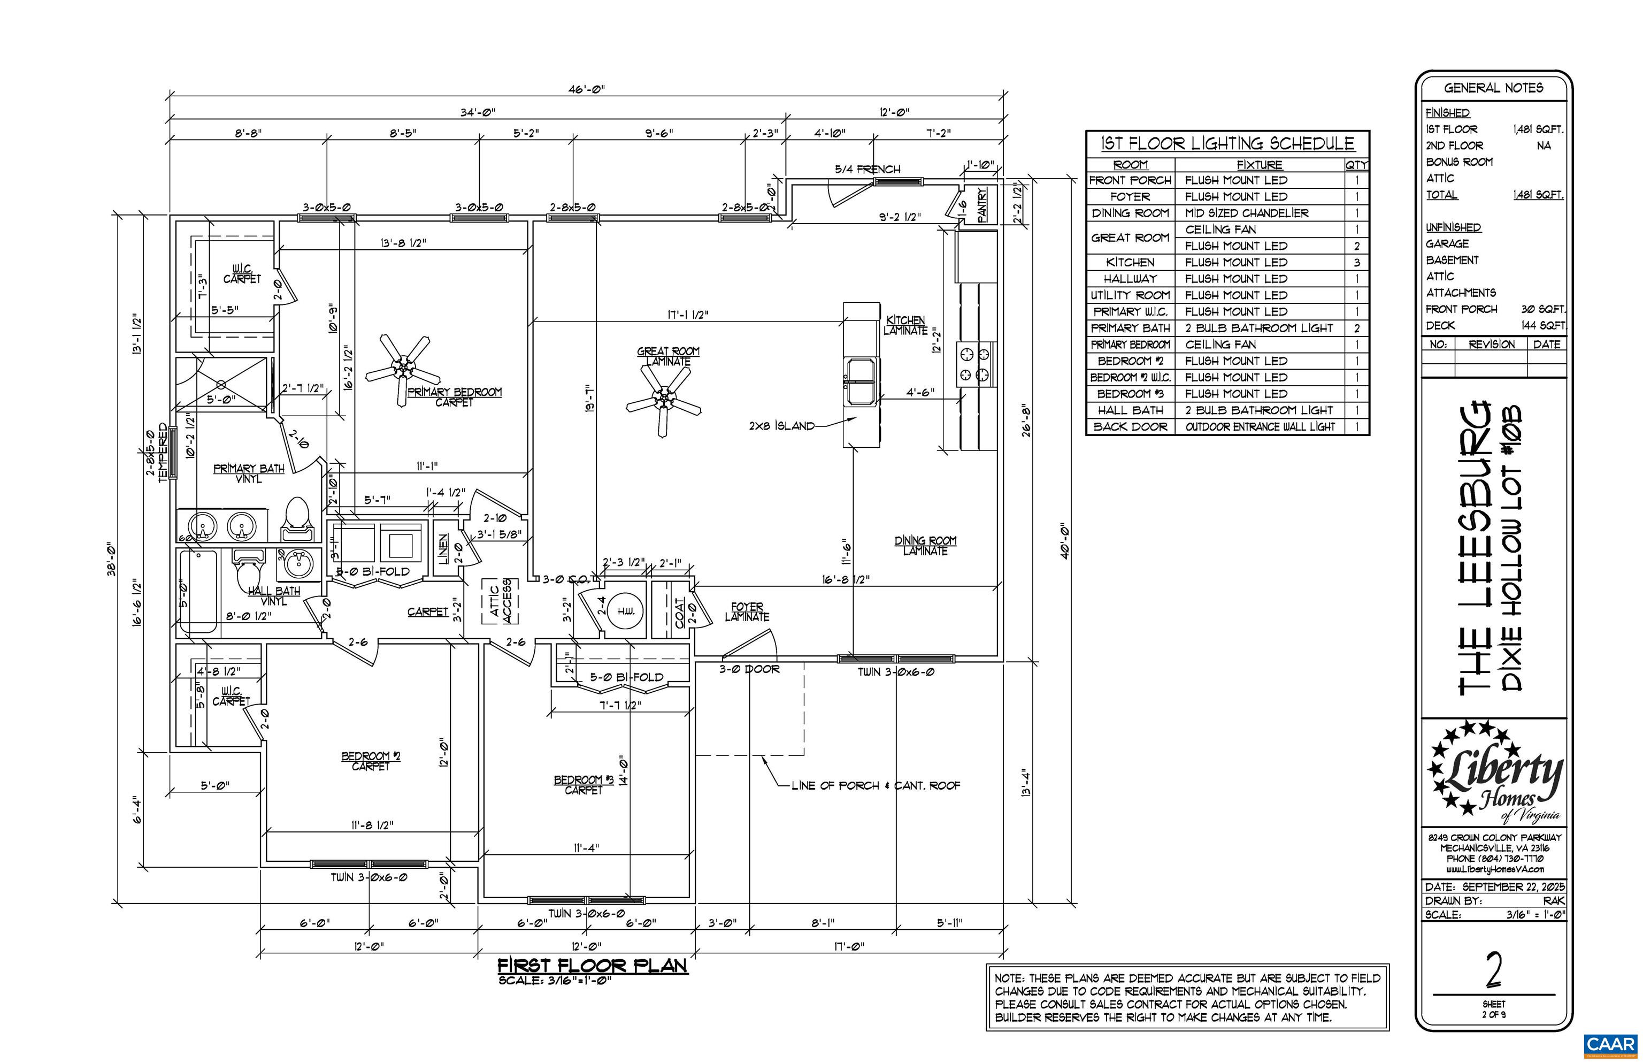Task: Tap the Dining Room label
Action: tap(925, 545)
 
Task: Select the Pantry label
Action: tap(982, 205)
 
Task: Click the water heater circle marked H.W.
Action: tap(625, 611)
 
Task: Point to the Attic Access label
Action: tap(500, 601)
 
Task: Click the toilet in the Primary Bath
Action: tap(298, 518)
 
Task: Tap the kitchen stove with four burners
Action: tap(976, 364)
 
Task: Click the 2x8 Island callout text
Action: tap(781, 426)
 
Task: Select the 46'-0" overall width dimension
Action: tap(586, 89)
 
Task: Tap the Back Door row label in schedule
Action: tap(1130, 426)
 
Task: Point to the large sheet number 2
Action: tap(1493, 970)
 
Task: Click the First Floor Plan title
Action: tap(592, 965)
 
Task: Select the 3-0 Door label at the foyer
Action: tap(749, 669)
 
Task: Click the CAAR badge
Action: tap(1610, 1044)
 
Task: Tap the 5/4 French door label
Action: tap(867, 169)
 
